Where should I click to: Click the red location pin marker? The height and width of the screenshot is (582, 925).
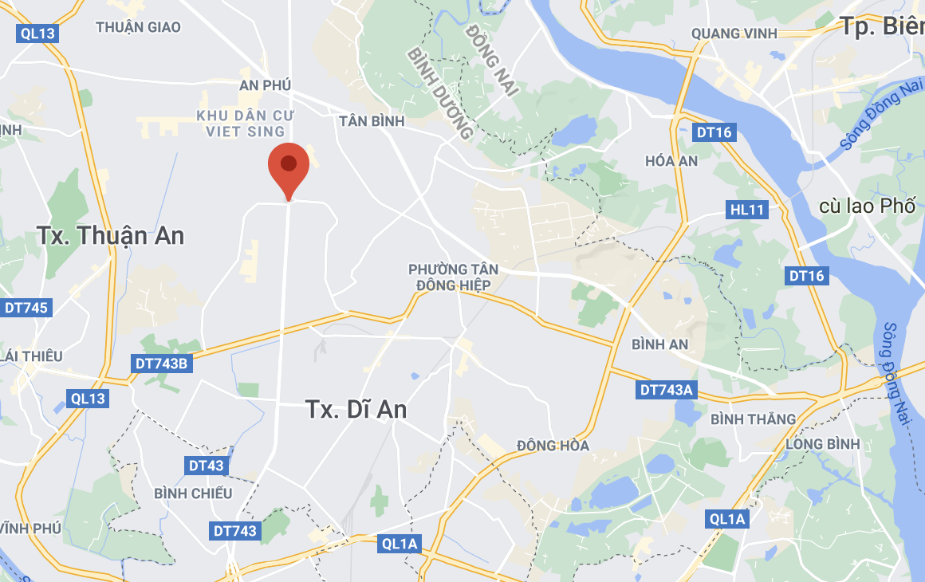pyautogui.click(x=289, y=166)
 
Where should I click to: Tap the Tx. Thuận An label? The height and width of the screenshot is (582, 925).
pyautogui.click(x=110, y=235)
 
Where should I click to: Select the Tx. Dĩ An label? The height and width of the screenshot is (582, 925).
pyautogui.click(x=356, y=409)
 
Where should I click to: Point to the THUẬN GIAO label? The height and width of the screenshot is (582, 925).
pyautogui.click(x=138, y=27)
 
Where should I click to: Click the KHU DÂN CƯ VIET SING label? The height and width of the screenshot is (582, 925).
pyautogui.click(x=241, y=124)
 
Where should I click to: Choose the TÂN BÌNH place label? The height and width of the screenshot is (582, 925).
pyautogui.click(x=372, y=121)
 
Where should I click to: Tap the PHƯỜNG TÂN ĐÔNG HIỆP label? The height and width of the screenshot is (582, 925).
pyautogui.click(x=449, y=277)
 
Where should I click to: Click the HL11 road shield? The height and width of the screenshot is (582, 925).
pyautogui.click(x=747, y=210)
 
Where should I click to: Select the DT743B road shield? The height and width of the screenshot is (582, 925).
pyautogui.click(x=161, y=364)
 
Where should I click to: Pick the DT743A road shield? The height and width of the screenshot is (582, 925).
pyautogui.click(x=667, y=390)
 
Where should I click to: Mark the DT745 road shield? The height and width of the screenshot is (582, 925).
pyautogui.click(x=26, y=308)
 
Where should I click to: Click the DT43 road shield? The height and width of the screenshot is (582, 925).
pyautogui.click(x=207, y=465)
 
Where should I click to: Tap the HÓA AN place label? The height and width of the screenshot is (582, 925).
pyautogui.click(x=671, y=161)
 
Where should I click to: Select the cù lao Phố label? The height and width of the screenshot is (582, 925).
pyautogui.click(x=868, y=206)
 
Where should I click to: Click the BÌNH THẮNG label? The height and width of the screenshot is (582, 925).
pyautogui.click(x=753, y=419)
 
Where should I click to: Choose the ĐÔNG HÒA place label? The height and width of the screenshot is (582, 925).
pyautogui.click(x=553, y=445)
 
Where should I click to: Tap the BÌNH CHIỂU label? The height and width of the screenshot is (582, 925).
pyautogui.click(x=194, y=494)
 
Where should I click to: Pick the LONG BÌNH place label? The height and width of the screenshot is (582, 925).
pyautogui.click(x=822, y=443)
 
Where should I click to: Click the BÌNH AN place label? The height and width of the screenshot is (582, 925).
pyautogui.click(x=659, y=344)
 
